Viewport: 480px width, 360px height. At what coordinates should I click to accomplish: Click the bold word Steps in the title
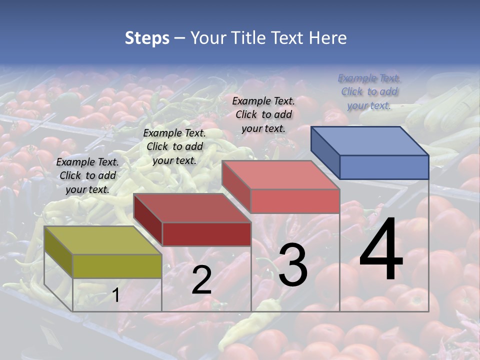point(147,38)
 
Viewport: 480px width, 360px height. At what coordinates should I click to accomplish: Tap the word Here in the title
point(328,38)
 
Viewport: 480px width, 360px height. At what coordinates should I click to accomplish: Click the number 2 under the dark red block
point(201,280)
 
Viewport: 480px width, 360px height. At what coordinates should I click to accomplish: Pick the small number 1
point(115,295)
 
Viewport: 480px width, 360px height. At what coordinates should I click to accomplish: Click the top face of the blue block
point(370,140)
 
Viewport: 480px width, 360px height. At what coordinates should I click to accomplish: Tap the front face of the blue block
point(384,167)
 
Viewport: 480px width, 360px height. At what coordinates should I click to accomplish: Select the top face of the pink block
point(281,174)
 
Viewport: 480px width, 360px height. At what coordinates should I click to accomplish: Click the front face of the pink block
point(295,201)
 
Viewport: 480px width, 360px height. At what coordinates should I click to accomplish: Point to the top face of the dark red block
point(192,207)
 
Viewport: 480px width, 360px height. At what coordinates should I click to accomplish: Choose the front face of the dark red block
point(206,234)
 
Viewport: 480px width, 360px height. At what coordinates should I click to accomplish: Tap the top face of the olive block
point(103,240)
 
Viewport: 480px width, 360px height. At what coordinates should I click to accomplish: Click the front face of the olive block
point(117,266)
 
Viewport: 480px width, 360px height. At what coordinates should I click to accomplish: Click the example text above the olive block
point(87,175)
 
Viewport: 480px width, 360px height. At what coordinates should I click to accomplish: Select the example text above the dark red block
point(174,146)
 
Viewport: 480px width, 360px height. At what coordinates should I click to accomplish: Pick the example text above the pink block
point(263,114)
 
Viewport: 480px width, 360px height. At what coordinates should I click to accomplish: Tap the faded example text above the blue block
point(369,91)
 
